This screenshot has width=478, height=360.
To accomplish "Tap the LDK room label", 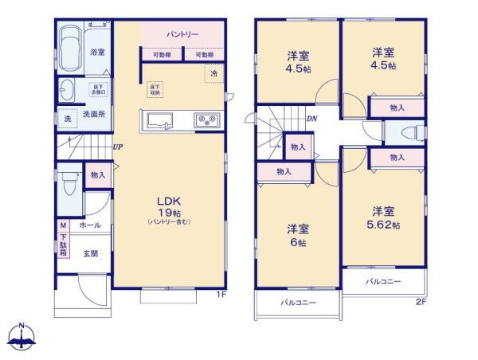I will click(167, 201).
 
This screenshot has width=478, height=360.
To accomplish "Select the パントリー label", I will click(182, 35).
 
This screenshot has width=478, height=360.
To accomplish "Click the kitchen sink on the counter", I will click(159, 121).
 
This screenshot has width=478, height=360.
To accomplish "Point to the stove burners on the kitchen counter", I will click(207, 121).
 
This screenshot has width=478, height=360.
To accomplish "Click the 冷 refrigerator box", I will click(214, 73).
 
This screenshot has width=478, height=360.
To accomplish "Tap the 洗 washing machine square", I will click(67, 119).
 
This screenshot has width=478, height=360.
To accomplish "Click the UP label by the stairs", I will click(117, 147).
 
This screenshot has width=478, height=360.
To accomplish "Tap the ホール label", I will click(88, 226).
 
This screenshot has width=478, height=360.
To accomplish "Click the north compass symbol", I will click(22, 336).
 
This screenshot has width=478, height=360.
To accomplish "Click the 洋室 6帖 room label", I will click(299, 236).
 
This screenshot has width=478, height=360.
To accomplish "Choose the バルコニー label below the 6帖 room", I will click(297, 303).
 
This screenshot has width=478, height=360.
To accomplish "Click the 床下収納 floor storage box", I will click(155, 89).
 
